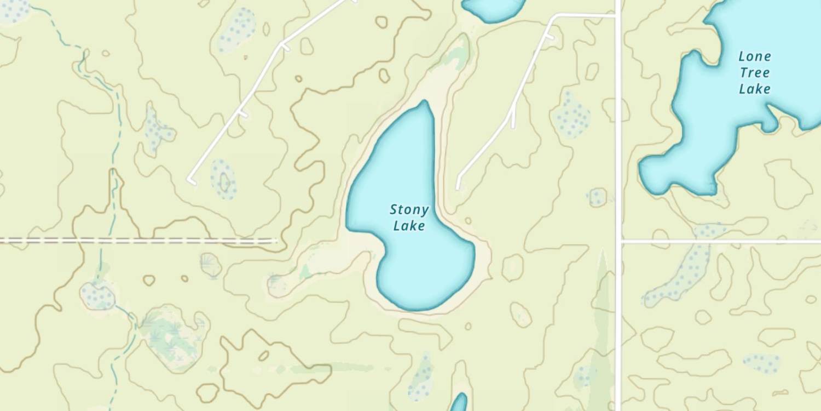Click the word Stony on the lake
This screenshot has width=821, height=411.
point(409,209)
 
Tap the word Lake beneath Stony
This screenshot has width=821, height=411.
point(409,225)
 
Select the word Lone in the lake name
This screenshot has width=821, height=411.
point(755,56)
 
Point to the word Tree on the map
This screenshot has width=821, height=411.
point(755,72)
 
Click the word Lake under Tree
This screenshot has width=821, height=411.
point(755,88)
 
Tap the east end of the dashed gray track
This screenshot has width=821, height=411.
point(275,241)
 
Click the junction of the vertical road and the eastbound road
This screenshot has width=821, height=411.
point(619,241)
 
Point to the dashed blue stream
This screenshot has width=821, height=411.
point(114,137)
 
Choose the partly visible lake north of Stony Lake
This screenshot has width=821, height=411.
point(493,8)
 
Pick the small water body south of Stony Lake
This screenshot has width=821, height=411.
point(459,403)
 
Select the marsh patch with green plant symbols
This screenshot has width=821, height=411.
point(170,334)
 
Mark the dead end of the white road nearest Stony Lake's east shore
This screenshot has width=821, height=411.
point(458,188)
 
